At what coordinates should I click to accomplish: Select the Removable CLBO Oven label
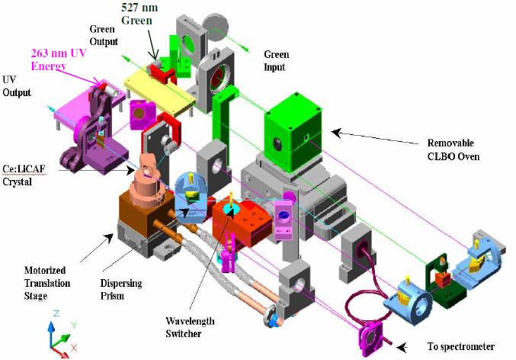(x=453, y=149)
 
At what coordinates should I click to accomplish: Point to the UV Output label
(x=17, y=85)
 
